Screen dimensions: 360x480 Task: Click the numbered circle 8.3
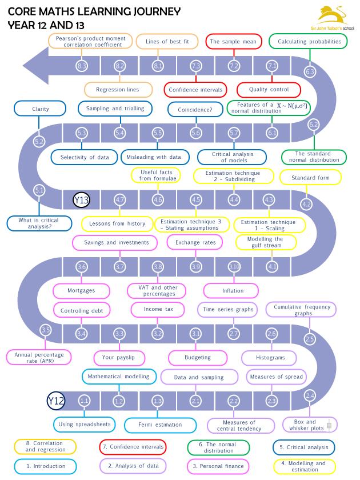point(82,66)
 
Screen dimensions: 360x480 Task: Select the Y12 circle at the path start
point(55,401)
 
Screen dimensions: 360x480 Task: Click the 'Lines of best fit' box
point(163,42)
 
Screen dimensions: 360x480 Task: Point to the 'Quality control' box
point(269,90)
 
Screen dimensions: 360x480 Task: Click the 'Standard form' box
point(310,178)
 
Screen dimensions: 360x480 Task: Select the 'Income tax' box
point(157,309)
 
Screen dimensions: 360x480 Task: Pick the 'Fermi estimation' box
point(160,425)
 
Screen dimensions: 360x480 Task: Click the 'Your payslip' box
point(117,357)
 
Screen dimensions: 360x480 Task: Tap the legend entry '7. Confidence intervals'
point(133,447)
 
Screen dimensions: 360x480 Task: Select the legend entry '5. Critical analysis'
point(304,447)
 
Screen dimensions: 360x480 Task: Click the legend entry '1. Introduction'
point(46,466)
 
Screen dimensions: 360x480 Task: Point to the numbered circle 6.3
point(310,72)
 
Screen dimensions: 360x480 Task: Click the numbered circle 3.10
point(234,266)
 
